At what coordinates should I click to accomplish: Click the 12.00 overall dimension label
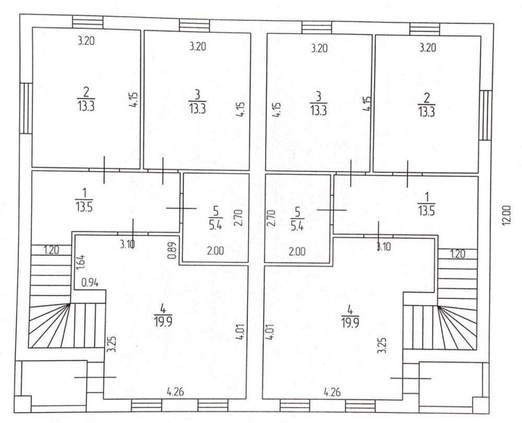506,216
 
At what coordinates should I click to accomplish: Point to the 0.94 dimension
90,283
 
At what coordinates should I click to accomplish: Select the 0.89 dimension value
171,250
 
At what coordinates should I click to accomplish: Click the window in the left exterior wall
26,108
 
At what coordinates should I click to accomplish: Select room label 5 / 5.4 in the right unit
297,218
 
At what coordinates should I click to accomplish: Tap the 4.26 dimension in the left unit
175,391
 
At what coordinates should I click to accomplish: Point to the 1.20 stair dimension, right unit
458,254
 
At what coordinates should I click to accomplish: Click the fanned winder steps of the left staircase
50,325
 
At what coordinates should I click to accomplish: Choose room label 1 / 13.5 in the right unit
427,204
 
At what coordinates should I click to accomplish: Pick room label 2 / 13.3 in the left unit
86,99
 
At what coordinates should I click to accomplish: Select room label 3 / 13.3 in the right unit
318,103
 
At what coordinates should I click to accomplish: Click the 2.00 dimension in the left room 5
216,251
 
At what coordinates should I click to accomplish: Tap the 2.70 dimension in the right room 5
271,218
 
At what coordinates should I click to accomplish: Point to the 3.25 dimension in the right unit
382,345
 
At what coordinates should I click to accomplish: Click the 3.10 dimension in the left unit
127,244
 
